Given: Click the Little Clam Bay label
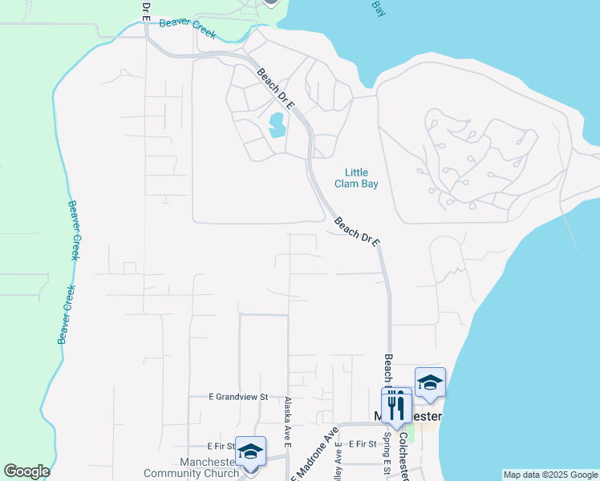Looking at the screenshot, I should click(x=356, y=178).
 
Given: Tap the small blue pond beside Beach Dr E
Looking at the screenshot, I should click(x=278, y=124).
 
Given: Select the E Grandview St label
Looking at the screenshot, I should click(x=237, y=398).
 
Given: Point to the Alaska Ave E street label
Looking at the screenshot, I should click(x=286, y=420).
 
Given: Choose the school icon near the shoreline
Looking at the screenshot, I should click(x=430, y=383).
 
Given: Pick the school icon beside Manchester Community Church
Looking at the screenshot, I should click(x=250, y=452).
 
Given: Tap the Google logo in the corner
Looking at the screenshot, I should click(x=26, y=471).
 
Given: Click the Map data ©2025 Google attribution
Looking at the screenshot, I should click(x=550, y=475).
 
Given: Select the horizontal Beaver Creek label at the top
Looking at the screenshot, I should click(x=188, y=23).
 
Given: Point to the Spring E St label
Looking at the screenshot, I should click(x=387, y=453).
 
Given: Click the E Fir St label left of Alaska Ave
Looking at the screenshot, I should click(x=220, y=446).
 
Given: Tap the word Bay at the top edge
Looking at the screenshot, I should click(x=379, y=7).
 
